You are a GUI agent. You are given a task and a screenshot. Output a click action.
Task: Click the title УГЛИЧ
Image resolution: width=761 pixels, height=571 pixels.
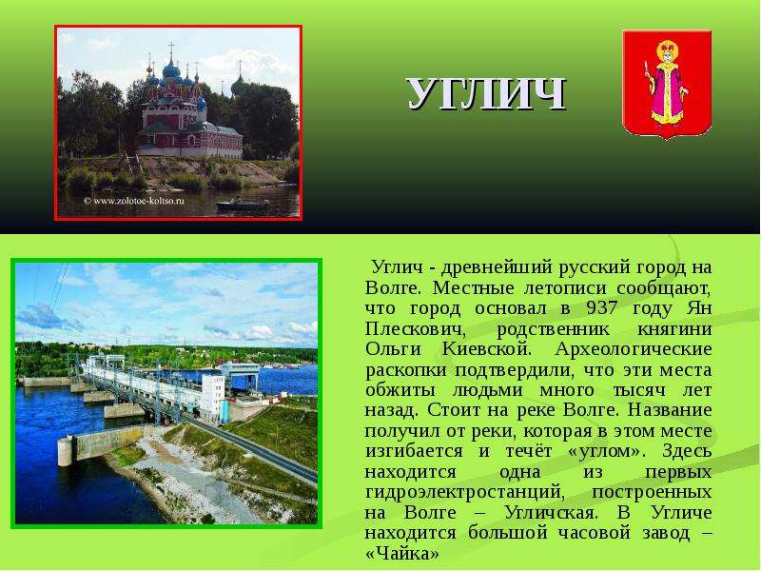pyautogui.click(x=487, y=93)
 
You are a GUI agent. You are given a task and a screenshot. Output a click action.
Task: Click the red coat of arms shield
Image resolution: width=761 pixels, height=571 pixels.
pyautogui.click(x=667, y=85)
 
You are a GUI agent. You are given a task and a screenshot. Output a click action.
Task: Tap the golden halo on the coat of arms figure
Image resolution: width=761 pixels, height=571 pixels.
pyautogui.click(x=668, y=50)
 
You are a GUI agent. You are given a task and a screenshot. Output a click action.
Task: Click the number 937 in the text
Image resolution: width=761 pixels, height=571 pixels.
pyautogui.click(x=602, y=307)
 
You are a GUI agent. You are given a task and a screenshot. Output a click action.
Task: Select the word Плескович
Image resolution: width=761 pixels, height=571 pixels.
pyautogui.click(x=415, y=328)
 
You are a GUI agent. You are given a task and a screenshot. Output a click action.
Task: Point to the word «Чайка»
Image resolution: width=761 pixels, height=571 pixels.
pyautogui.click(x=401, y=553)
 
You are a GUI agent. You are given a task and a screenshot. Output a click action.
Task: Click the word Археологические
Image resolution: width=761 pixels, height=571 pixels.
pyautogui.click(x=634, y=349)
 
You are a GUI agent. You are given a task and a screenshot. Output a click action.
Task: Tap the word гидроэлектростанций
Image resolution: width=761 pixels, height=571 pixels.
pyautogui.click(x=465, y=492)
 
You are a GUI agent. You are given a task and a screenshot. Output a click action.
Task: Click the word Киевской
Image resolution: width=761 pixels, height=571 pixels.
pyautogui.click(x=487, y=349)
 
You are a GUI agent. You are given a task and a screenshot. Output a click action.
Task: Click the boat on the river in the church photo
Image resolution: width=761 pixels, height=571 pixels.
pyautogui.click(x=243, y=205)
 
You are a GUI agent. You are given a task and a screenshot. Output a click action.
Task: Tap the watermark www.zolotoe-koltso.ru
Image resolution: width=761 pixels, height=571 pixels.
pyautogui.click(x=134, y=201)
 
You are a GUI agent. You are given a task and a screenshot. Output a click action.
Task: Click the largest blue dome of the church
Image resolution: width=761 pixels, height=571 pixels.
pyautogui.click(x=171, y=69)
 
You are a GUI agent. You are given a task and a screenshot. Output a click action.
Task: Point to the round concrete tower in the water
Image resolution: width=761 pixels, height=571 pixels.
pyautogui.click(x=65, y=451)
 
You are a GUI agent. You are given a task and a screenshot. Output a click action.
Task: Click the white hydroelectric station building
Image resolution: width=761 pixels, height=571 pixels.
pyautogui.click(x=211, y=395)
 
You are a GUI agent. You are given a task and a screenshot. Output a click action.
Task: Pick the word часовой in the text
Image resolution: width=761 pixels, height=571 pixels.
pyautogui.click(x=594, y=533)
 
